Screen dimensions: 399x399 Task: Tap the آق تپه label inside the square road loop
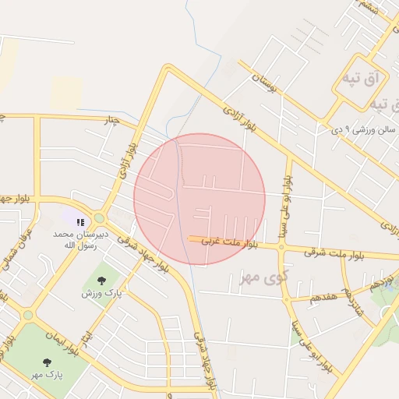[x=359, y=79]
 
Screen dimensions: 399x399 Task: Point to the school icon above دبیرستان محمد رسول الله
[x=80, y=222]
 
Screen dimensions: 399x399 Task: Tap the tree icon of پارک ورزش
[x=101, y=281]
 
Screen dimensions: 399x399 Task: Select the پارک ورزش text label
[x=102, y=294]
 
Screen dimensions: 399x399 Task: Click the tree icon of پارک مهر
[x=47, y=362]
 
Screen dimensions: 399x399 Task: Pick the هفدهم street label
[x=322, y=298]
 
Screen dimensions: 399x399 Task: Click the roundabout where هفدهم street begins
[x=285, y=298]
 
